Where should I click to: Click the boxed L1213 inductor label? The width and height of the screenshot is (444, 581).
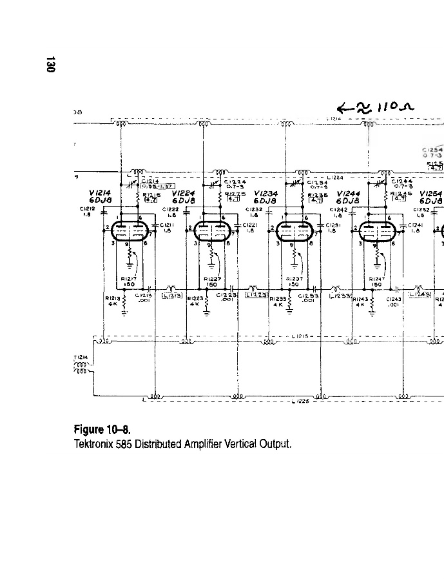[x=171, y=295]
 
